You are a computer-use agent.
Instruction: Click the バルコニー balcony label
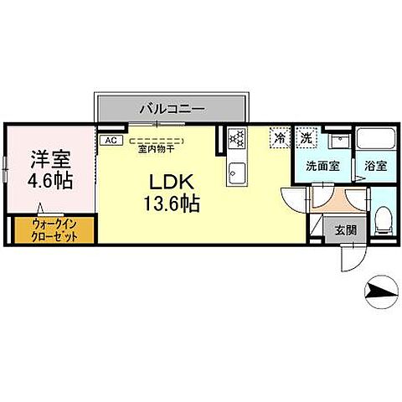[x=171, y=107]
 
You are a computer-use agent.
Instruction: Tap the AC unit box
[x=110, y=141]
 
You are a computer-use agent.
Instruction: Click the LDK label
[x=171, y=183]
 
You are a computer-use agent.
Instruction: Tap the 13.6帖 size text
[x=172, y=204]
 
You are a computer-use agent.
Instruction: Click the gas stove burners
[x=236, y=138]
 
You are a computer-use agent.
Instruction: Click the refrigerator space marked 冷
[x=279, y=137]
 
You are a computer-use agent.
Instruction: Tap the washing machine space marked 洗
[x=307, y=137]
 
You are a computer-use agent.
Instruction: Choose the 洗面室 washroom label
[x=322, y=167]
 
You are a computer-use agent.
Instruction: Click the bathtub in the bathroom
[x=374, y=140]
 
